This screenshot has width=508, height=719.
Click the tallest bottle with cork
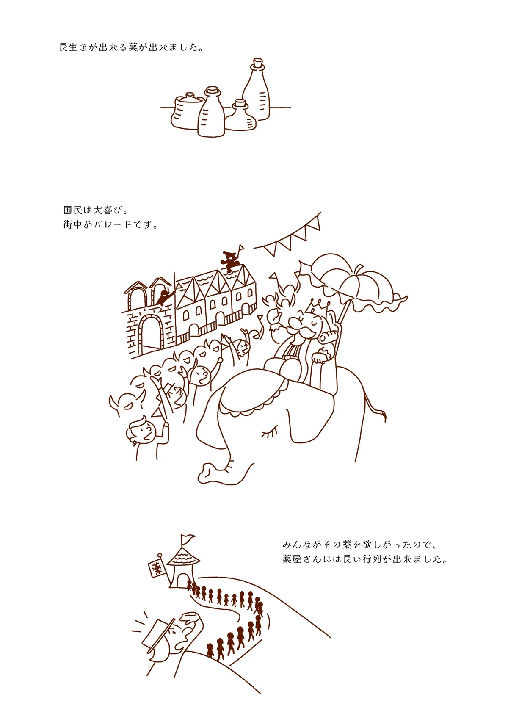[256, 91]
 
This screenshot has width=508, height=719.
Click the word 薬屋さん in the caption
[302, 559]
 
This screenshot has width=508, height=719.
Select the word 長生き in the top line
[73, 47]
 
